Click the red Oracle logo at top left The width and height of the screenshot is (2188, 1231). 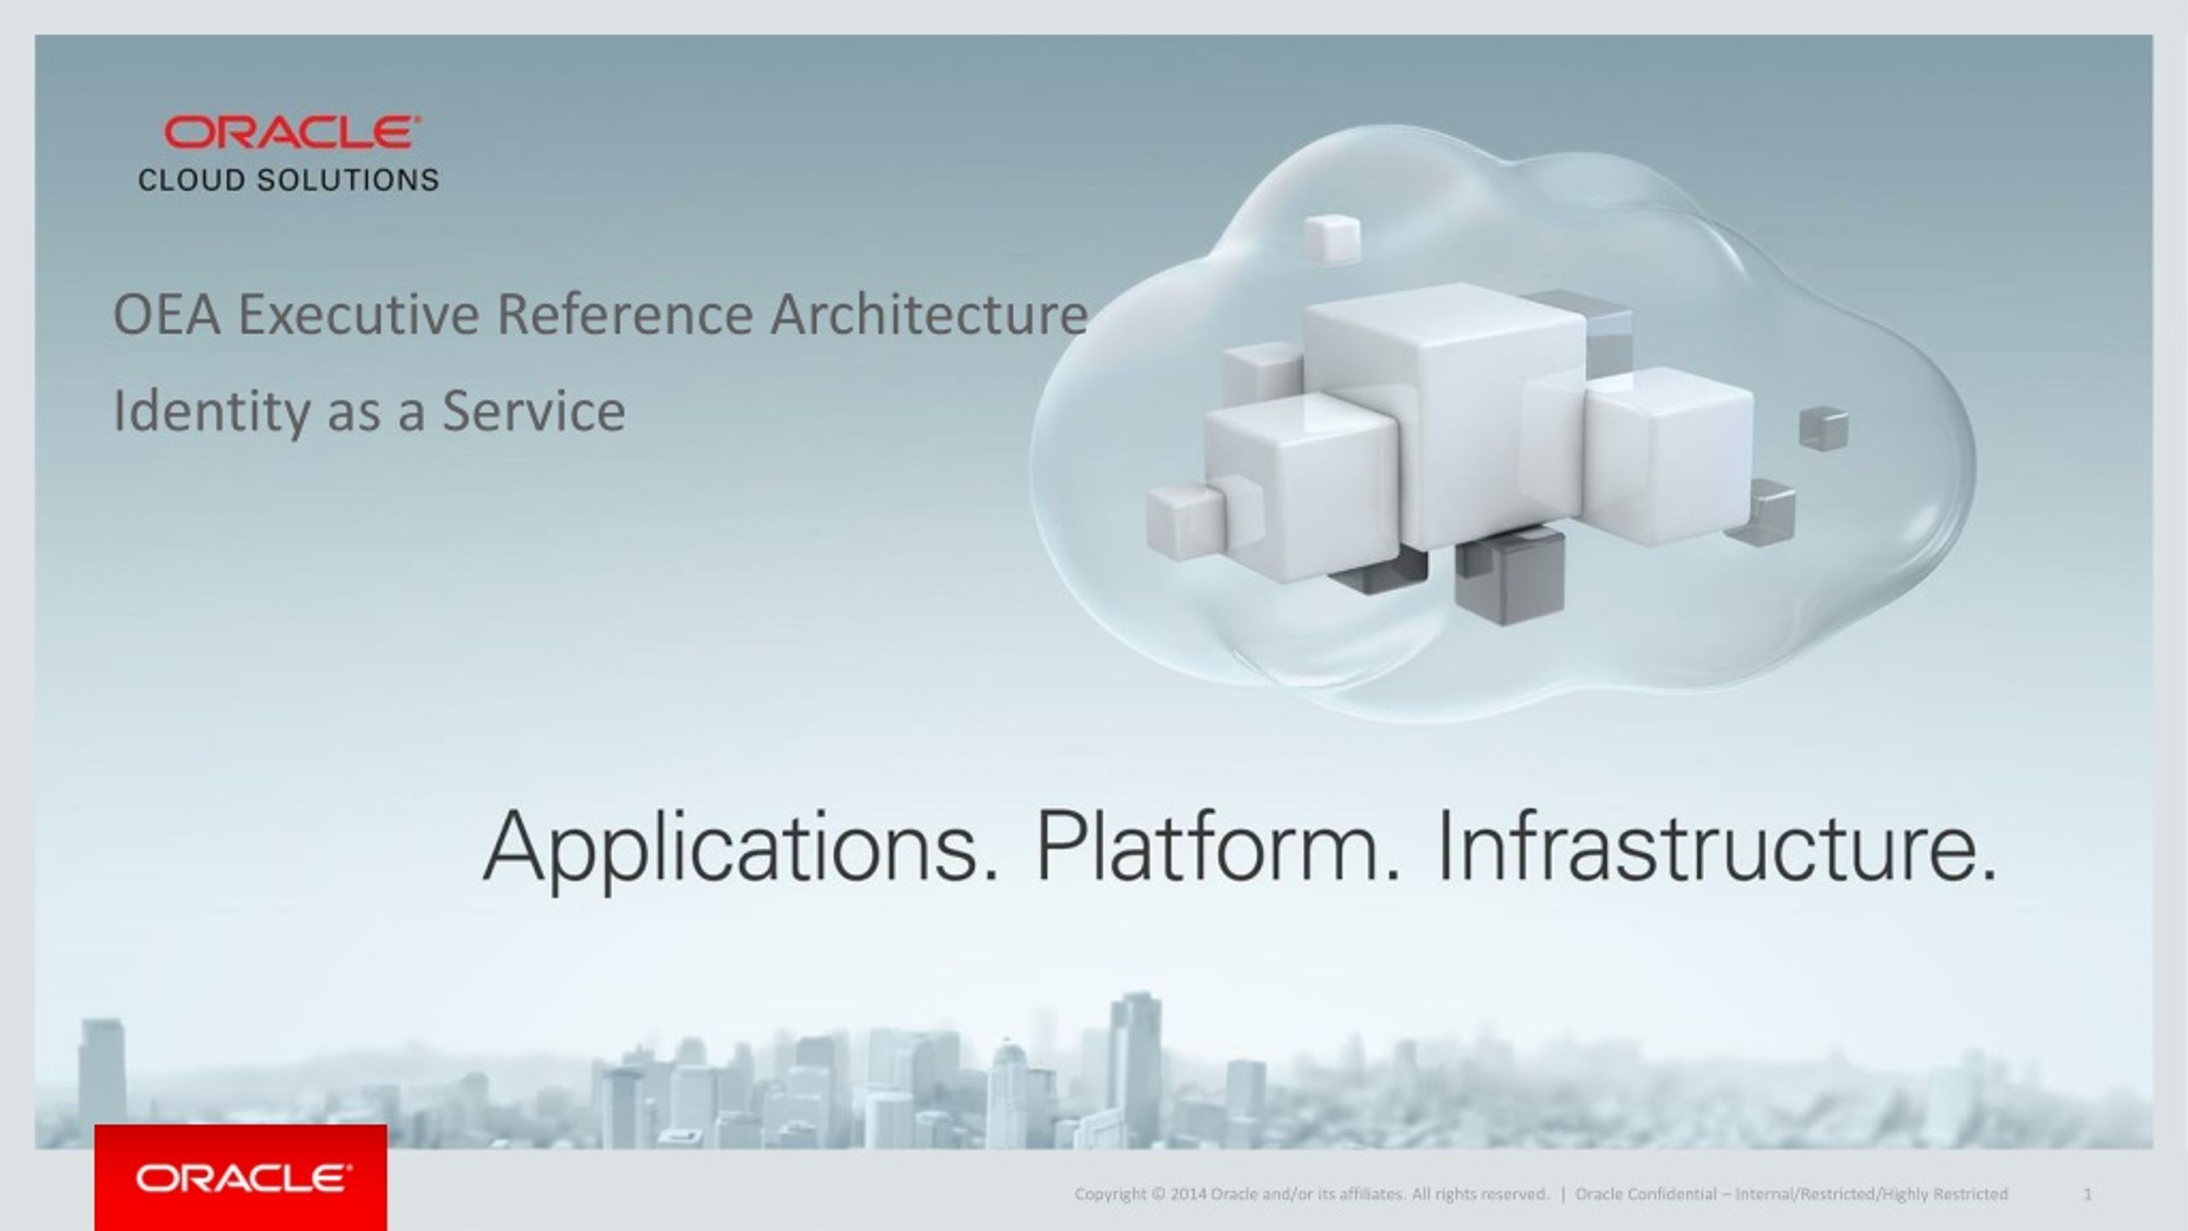[x=291, y=133]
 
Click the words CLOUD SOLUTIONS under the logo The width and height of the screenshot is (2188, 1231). [x=289, y=180]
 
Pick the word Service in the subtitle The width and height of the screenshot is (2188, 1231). [x=533, y=411]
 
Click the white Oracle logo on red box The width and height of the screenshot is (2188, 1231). [x=242, y=1179]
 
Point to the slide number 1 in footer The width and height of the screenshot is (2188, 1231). [x=2088, y=1194]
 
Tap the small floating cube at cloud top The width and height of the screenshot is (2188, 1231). [x=1331, y=239]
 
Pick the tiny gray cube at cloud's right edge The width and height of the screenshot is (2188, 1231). [x=1823, y=427]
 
